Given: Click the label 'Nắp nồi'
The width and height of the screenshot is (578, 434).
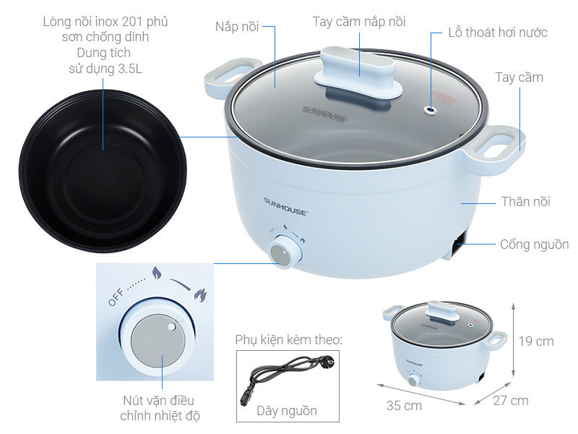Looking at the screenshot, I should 236,27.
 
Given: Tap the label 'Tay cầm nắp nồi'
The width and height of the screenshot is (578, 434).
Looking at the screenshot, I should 359,22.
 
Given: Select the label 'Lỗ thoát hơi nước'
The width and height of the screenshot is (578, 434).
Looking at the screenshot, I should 496,33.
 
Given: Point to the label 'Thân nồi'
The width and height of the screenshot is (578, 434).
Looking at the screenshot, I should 525,202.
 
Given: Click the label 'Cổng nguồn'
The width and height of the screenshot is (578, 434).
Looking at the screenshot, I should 534,244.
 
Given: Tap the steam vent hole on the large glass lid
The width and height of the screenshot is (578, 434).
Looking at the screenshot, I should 431,110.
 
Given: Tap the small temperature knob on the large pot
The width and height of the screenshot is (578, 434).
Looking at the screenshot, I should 280,252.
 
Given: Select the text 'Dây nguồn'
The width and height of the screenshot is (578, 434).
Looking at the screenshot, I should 287,411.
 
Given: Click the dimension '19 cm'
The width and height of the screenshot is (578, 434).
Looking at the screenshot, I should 536,341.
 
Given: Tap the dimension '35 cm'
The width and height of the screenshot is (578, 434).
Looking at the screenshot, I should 404,406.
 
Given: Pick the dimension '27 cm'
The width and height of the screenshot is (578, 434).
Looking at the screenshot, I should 510,400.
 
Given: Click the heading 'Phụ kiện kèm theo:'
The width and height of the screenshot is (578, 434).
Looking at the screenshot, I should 288,339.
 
